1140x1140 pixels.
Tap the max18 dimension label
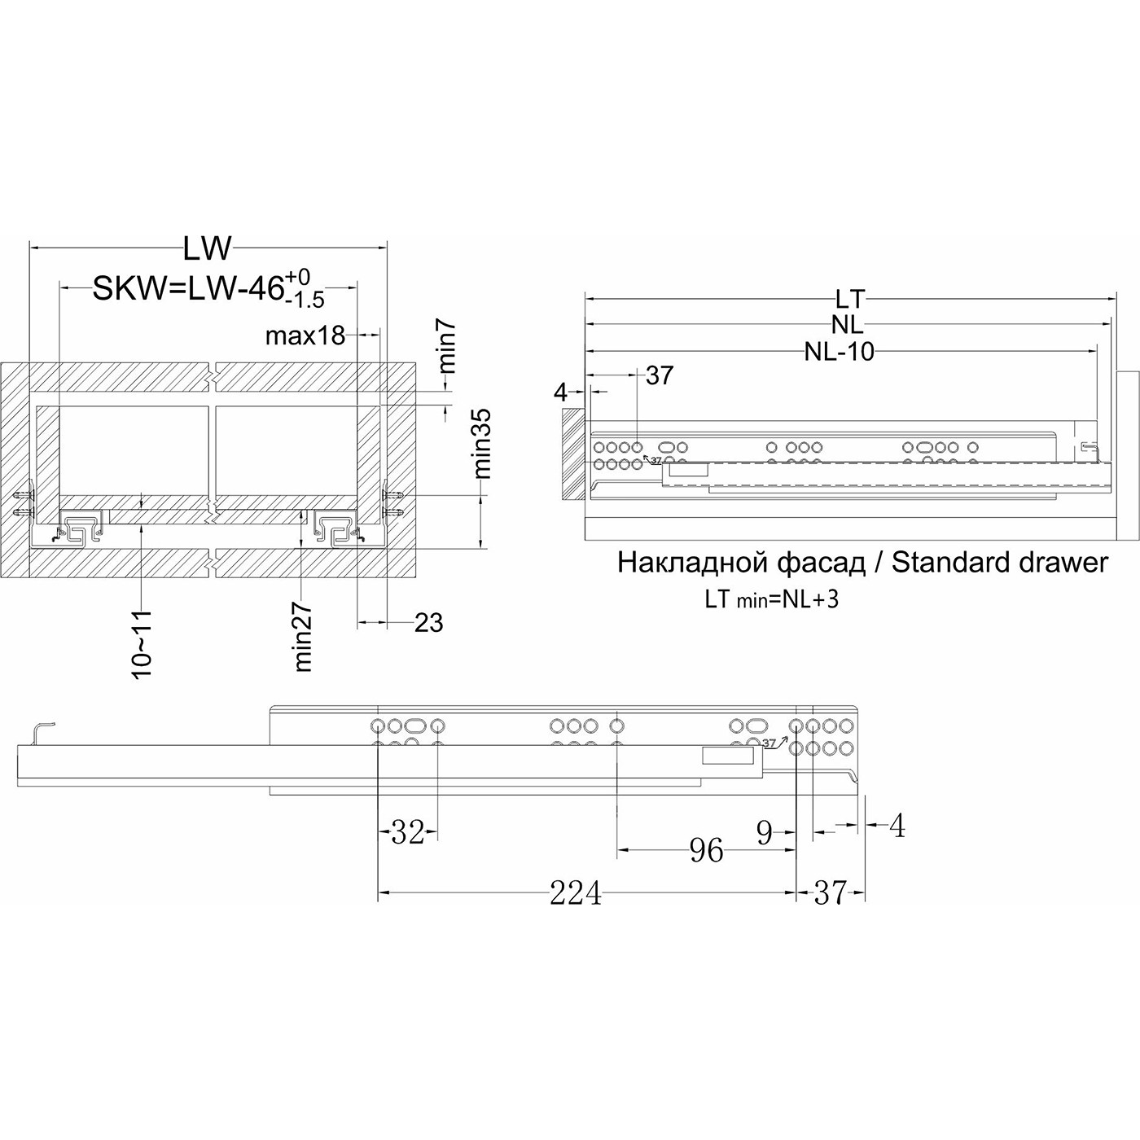pyautogui.click(x=305, y=336)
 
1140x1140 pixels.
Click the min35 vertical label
pyautogui.click(x=484, y=444)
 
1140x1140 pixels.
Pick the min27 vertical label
pyautogui.click(x=304, y=637)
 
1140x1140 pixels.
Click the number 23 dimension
pyautogui.click(x=428, y=622)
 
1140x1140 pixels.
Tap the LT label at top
pyautogui.click(x=850, y=299)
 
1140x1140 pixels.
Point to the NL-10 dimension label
pyautogui.click(x=839, y=352)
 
